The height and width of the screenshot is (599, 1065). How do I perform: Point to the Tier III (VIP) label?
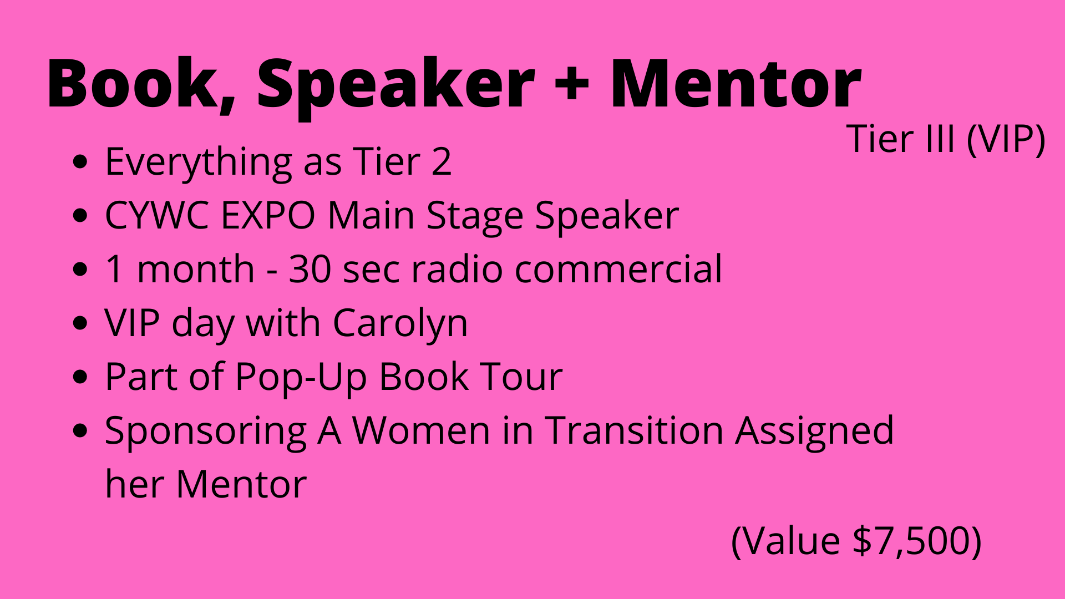click(946, 139)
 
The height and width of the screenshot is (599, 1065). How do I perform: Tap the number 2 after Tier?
click(442, 162)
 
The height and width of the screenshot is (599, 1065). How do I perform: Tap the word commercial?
click(618, 269)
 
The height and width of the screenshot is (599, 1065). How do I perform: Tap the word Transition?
click(635, 431)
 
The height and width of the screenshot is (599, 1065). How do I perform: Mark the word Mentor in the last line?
click(241, 485)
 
